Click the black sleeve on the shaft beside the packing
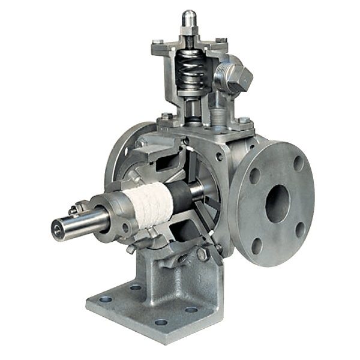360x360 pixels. (x=181, y=198)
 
